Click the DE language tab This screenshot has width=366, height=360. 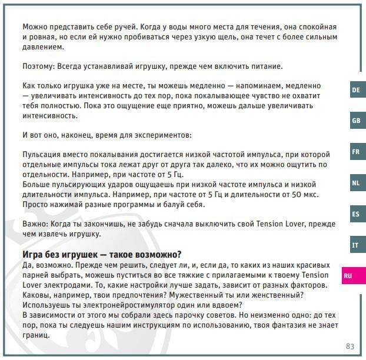355,90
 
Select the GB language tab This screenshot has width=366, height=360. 355,121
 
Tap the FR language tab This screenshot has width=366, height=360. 355,152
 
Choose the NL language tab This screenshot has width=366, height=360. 355,183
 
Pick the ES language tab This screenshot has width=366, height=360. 355,214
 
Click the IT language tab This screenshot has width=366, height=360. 355,245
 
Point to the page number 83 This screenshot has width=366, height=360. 350,346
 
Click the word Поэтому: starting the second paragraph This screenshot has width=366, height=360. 41,65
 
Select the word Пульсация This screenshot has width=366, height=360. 44,154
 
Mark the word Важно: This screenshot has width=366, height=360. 36,225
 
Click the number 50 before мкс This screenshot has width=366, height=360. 297,194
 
